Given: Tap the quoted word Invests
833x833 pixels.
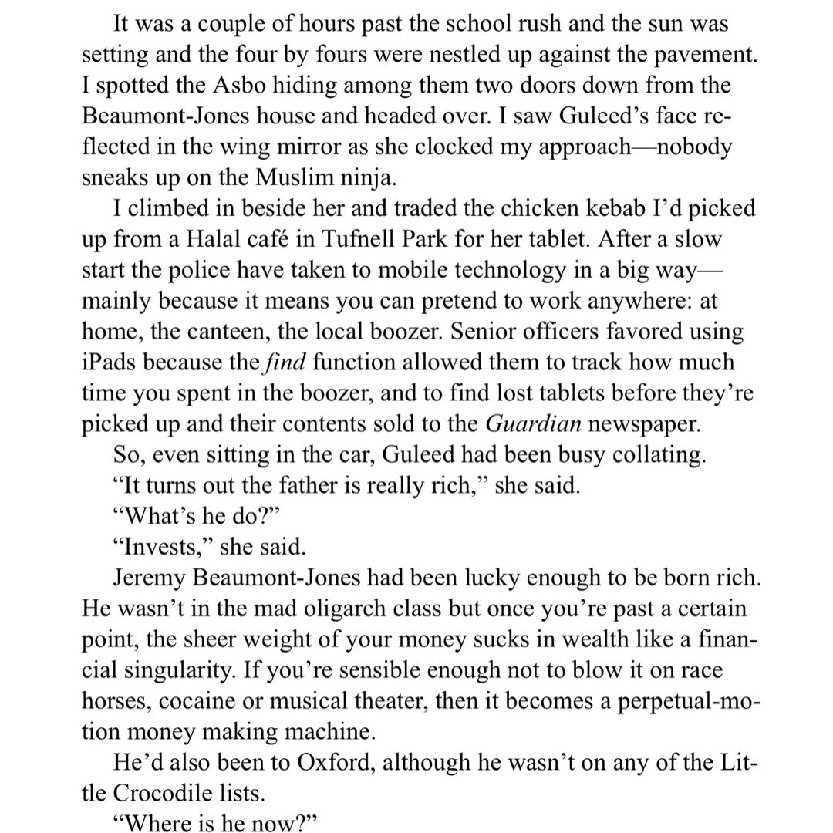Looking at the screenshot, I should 161,548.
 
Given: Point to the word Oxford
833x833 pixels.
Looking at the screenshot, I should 336,764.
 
